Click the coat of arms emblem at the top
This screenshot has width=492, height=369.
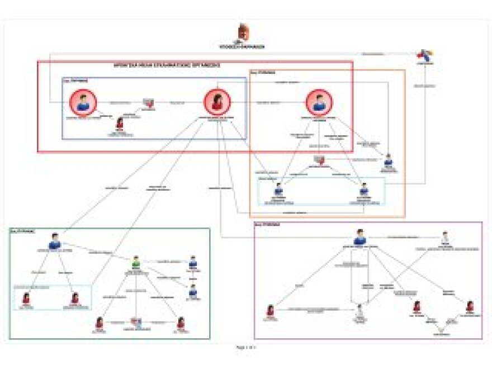coord(243,32)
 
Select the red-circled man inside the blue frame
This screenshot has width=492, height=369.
coord(83,103)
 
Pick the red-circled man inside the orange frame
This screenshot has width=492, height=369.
coord(319,103)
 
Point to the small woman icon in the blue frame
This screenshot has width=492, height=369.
coord(119,124)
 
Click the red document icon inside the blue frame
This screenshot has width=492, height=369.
coord(148,102)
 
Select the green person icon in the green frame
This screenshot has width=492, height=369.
coord(136,262)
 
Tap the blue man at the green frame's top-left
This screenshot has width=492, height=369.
coord(54,242)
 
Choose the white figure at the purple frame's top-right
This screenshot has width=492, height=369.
coord(445,236)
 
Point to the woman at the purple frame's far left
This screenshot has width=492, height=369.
coord(271,310)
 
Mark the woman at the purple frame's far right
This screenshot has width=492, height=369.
coord(470,306)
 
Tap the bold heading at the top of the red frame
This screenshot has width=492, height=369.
coord(167,65)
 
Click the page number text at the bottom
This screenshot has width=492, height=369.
coord(246,347)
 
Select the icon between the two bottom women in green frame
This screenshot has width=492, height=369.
coord(136,322)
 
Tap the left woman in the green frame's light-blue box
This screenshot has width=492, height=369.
coord(26,298)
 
